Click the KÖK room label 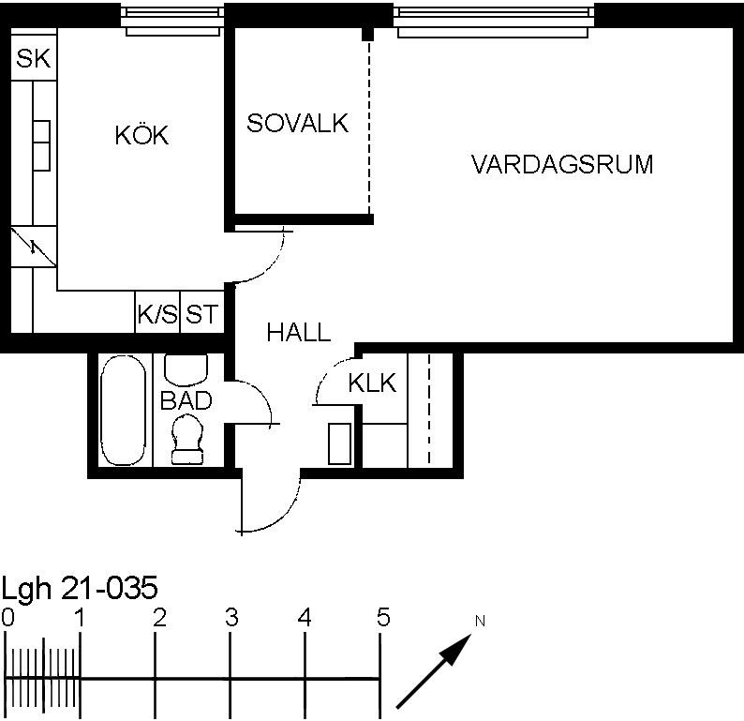point(141,135)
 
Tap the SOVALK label point(297,123)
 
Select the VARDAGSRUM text point(562,164)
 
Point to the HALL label point(299,332)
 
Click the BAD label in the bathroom point(186,400)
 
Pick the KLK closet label point(373,383)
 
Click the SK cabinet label point(33,58)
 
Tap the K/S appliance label point(157,314)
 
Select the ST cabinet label point(201,314)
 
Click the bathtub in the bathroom point(124,410)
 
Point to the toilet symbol point(187,439)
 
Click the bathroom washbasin point(186,369)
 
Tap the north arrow point(434,671)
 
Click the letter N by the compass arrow point(480,621)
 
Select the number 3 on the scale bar point(231,618)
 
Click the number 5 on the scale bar point(383,617)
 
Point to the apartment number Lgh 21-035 point(80,588)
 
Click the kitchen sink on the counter point(42,145)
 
